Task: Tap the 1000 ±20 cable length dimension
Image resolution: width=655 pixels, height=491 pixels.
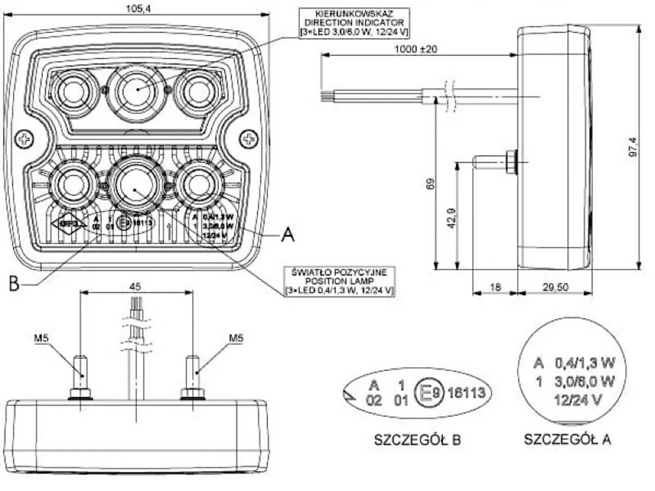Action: tap(416, 49)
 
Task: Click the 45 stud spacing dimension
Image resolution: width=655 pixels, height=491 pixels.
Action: tap(136, 285)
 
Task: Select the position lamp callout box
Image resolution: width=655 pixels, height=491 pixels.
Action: tap(339, 281)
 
